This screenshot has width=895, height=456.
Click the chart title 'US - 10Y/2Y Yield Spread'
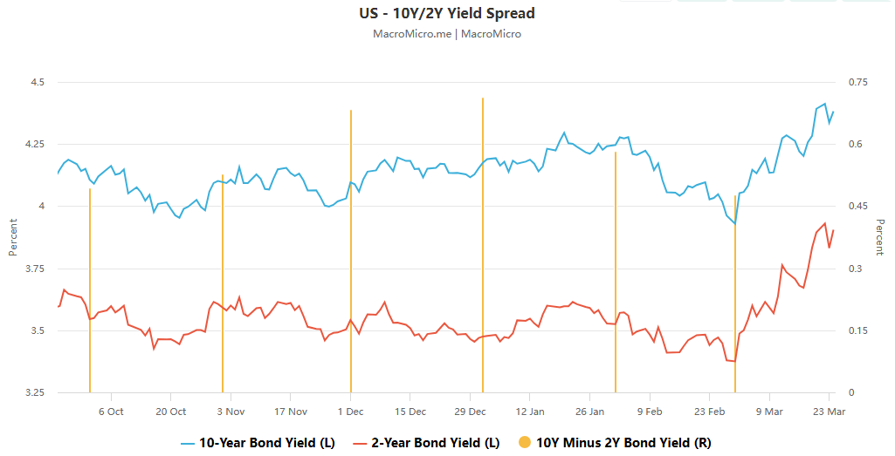[447, 14]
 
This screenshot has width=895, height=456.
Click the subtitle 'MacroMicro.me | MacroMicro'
[447, 34]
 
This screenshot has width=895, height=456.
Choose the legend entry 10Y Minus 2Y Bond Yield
[615, 443]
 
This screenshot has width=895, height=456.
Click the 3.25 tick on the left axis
[34, 393]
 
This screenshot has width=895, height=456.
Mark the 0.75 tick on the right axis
[859, 82]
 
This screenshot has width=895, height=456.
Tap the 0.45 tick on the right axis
[859, 207]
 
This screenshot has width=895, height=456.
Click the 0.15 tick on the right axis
[859, 330]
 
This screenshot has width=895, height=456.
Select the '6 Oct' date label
[111, 412]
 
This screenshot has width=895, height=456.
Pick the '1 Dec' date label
[350, 412]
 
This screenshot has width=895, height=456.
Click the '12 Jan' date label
[530, 412]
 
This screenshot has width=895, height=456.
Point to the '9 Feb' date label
[649, 412]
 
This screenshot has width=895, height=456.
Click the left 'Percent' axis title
[13, 237]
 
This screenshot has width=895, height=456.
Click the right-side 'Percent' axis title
[879, 237]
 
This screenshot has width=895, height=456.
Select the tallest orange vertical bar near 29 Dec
[483, 244]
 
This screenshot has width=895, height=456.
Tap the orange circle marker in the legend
[524, 443]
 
